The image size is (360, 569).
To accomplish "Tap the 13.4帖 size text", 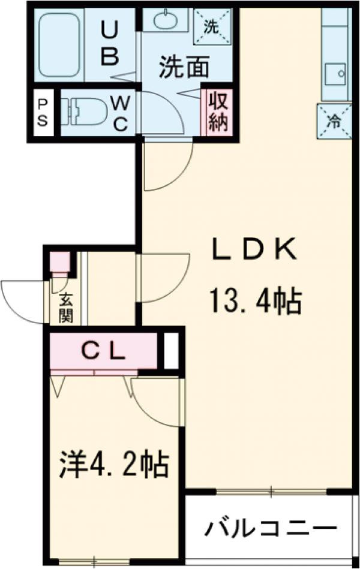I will click(x=255, y=301).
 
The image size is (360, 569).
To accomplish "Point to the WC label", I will click(x=120, y=114).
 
